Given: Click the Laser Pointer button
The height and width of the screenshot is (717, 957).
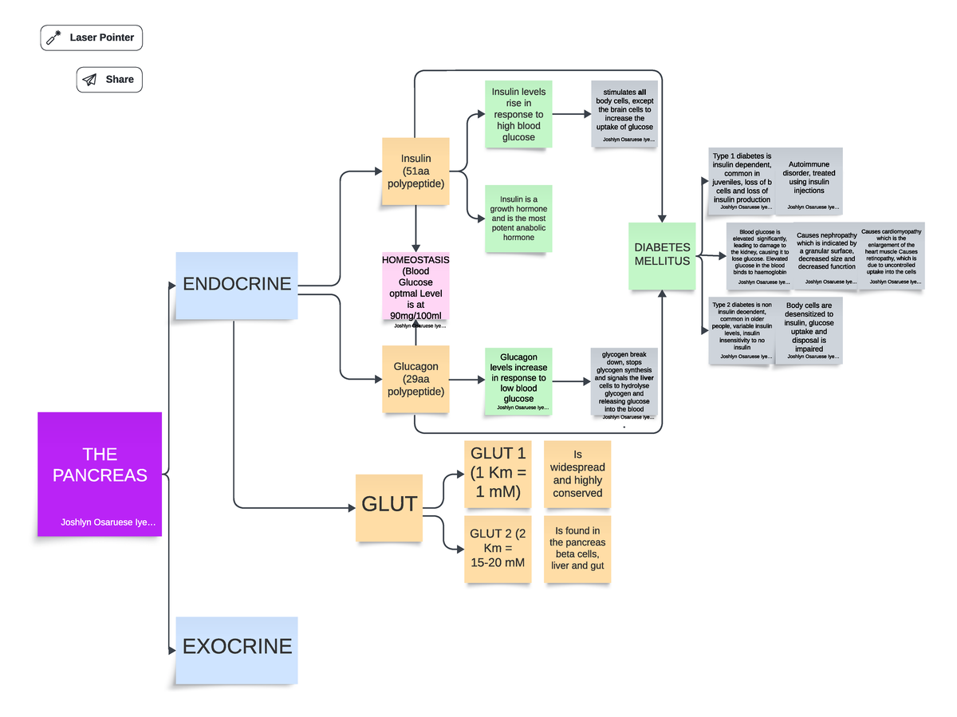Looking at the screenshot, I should [92, 37].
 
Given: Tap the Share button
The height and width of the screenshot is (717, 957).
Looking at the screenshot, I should [109, 80].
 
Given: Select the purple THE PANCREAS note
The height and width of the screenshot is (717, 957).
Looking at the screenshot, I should [100, 474].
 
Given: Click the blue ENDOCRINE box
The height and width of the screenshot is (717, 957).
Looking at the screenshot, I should [237, 285].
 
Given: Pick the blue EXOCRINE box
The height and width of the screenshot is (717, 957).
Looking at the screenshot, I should [237, 648].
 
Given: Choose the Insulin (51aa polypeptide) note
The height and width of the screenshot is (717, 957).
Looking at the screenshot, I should [415, 171].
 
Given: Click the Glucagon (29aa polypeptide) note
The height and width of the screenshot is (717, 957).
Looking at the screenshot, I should [415, 379].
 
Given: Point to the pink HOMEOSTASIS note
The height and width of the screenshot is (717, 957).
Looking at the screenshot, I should [415, 289].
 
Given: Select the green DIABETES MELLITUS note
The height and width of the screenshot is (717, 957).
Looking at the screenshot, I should [662, 255].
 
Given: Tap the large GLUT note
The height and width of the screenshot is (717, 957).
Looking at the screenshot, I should [389, 505].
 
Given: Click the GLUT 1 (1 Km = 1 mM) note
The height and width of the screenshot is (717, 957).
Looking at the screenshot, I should [498, 474].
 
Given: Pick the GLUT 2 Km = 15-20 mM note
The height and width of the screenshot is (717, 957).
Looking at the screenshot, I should [498, 549].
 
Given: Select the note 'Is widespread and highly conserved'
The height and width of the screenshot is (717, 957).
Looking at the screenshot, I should [577, 474].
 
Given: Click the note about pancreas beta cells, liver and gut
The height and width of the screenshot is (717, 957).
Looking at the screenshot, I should [577, 549].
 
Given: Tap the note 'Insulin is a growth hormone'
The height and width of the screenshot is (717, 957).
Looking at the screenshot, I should [518, 219].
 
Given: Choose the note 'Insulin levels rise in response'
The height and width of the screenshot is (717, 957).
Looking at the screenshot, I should [518, 115].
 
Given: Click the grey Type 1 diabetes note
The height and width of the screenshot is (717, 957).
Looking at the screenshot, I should [742, 180].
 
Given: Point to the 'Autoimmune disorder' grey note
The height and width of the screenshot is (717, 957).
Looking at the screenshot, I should [809, 180].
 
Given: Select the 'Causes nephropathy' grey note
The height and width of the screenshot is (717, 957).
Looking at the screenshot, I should [826, 255].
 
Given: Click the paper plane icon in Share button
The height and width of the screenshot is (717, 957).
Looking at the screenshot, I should [90, 80].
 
